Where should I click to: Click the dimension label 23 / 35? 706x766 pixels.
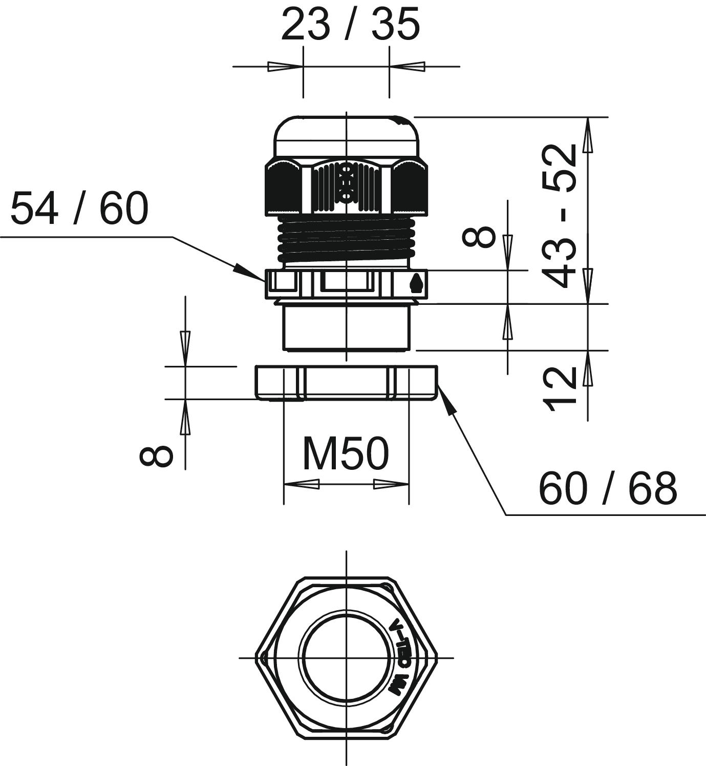[350, 25]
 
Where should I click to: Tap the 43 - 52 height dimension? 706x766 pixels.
[560, 215]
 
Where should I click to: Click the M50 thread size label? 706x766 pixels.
[346, 454]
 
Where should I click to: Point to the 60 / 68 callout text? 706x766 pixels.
[608, 488]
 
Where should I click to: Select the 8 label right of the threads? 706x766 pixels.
[478, 237]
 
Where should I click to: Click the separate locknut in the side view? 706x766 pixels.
[346, 382]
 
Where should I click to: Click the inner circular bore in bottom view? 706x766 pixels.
[347, 657]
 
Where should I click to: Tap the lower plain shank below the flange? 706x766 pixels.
[347, 327]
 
